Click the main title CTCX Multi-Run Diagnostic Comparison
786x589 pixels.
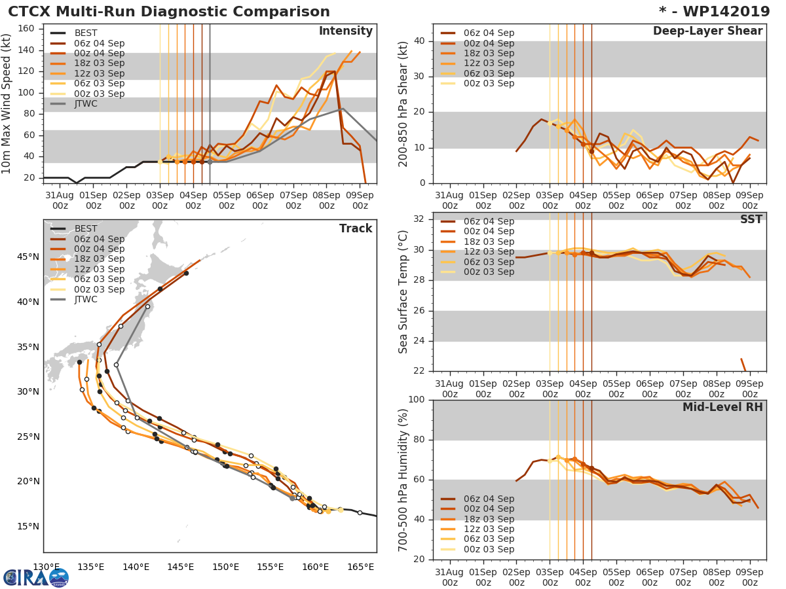click(x=169, y=12)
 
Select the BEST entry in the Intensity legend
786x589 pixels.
click(x=85, y=33)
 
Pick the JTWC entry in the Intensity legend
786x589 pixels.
click(x=86, y=104)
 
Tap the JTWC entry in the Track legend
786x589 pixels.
click(x=86, y=300)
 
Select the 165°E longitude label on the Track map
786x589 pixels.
click(x=361, y=567)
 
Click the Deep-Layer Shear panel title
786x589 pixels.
click(x=707, y=31)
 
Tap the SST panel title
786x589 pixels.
click(x=751, y=220)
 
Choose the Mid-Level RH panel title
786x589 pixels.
click(x=722, y=408)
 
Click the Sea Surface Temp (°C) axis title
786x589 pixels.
click(x=404, y=293)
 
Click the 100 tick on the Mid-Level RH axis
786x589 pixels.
click(x=415, y=400)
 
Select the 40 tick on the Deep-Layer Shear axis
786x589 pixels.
click(x=419, y=41)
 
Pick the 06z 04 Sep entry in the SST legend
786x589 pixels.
click(x=488, y=221)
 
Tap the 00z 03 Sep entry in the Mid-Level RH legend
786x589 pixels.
click(x=488, y=549)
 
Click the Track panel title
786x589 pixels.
click(x=355, y=228)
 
